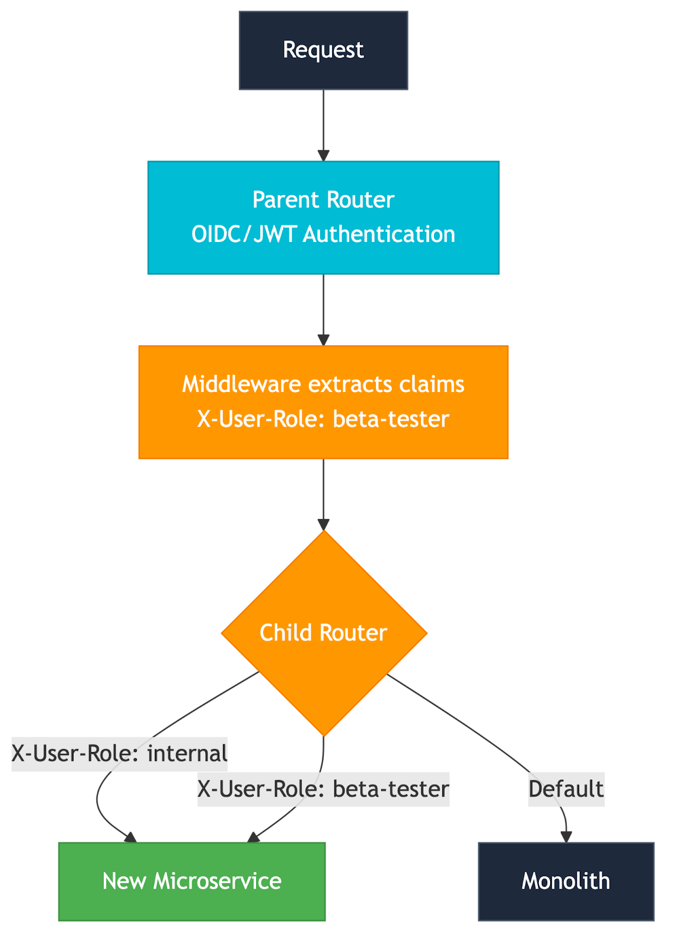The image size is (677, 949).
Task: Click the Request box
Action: point(323,50)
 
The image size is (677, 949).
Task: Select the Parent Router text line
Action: point(323,200)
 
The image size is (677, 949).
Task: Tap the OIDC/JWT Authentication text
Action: point(323,234)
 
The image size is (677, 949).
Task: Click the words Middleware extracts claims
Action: point(323,384)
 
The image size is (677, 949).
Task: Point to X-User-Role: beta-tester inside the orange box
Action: point(323,419)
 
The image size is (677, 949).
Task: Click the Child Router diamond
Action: point(324,632)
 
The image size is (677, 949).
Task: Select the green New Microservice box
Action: point(191,881)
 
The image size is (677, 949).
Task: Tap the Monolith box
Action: point(566,881)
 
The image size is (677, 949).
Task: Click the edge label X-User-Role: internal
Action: point(119,754)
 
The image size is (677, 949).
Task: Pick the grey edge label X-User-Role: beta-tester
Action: point(323,789)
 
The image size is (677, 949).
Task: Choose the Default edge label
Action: point(566,789)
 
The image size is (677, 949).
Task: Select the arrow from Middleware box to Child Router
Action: point(323,492)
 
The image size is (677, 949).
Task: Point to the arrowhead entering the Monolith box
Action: point(566,836)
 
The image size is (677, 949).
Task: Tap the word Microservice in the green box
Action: point(217,881)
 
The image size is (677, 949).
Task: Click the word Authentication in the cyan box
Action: point(379,234)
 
